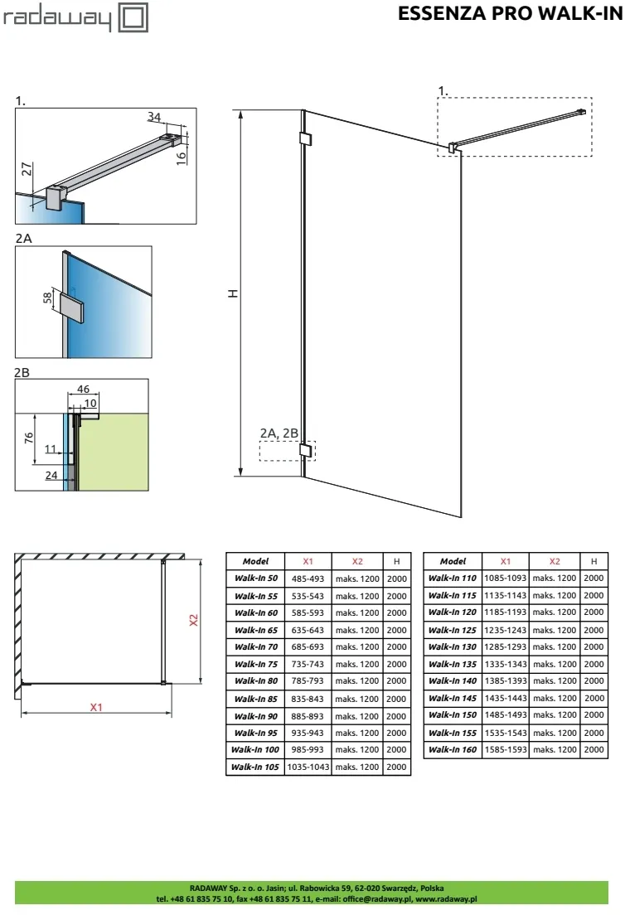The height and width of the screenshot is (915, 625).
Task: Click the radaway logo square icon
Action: (133, 17)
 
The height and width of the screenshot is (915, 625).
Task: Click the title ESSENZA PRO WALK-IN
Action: (510, 13)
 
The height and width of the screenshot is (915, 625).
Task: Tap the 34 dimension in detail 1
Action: (153, 117)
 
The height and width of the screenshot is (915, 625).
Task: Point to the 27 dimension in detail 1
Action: (27, 169)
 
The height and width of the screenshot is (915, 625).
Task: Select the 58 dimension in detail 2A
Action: (47, 298)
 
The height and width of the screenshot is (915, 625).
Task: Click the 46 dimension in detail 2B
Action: (84, 389)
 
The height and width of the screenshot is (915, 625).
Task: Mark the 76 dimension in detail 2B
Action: (28, 438)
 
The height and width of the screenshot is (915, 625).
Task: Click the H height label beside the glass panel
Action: (232, 293)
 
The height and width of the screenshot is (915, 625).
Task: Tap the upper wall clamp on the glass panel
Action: (305, 139)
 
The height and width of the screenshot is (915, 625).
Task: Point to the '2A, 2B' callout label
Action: (279, 433)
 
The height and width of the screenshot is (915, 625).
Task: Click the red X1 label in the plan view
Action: (96, 707)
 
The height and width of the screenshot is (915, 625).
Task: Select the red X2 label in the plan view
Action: (194, 620)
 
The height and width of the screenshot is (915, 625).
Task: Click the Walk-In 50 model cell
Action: (255, 579)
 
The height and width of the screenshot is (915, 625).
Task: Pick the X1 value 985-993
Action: (308, 750)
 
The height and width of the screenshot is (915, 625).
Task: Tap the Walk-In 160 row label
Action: (453, 750)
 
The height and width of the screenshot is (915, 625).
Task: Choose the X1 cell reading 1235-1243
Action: (506, 630)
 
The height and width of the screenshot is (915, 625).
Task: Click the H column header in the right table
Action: (594, 561)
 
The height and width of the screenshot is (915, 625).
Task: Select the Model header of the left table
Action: (255, 561)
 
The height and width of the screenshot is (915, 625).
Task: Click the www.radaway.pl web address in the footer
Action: (446, 899)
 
